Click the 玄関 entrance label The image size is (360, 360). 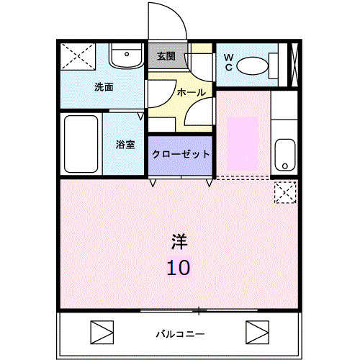(x=166, y=56)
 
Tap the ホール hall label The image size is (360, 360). (x=192, y=92)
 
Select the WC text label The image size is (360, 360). (x=228, y=62)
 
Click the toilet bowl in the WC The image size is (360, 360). (x=252, y=66)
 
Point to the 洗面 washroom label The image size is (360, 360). (x=104, y=87)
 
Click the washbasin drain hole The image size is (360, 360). (x=127, y=54)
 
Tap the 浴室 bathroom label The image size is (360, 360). (x=125, y=145)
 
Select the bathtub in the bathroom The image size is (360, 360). (x=81, y=144)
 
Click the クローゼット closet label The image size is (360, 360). (x=181, y=154)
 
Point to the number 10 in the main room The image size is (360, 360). (x=179, y=268)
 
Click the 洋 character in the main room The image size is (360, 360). (x=179, y=241)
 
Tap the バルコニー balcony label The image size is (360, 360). (x=180, y=334)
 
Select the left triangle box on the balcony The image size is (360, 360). (x=102, y=333)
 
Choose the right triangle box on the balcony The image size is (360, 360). (x=257, y=333)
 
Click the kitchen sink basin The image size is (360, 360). (x=284, y=155)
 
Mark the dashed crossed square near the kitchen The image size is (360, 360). (x=285, y=192)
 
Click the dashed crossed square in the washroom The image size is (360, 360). (x=78, y=56)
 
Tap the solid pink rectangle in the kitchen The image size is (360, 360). (x=243, y=143)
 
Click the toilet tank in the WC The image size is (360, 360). (x=273, y=66)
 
